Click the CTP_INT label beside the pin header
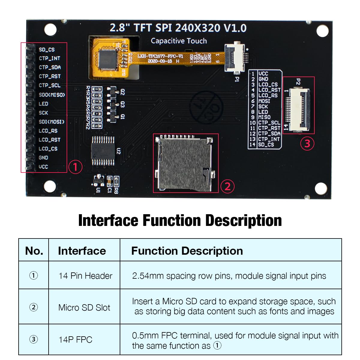click(x=49, y=58)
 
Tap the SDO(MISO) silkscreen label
click(x=52, y=95)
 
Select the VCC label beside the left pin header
click(x=43, y=167)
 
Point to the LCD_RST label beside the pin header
click(x=49, y=140)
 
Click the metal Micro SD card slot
click(x=184, y=163)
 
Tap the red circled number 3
click(x=307, y=143)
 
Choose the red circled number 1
click(x=75, y=167)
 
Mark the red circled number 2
click(x=227, y=186)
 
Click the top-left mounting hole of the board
click(x=50, y=30)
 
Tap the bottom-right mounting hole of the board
click(x=321, y=188)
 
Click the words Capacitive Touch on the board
click(x=179, y=41)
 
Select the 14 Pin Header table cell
click(x=85, y=276)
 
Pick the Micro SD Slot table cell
click(x=84, y=307)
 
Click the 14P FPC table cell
click(x=75, y=340)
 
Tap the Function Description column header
click(x=187, y=251)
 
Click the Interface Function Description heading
click(x=180, y=220)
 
